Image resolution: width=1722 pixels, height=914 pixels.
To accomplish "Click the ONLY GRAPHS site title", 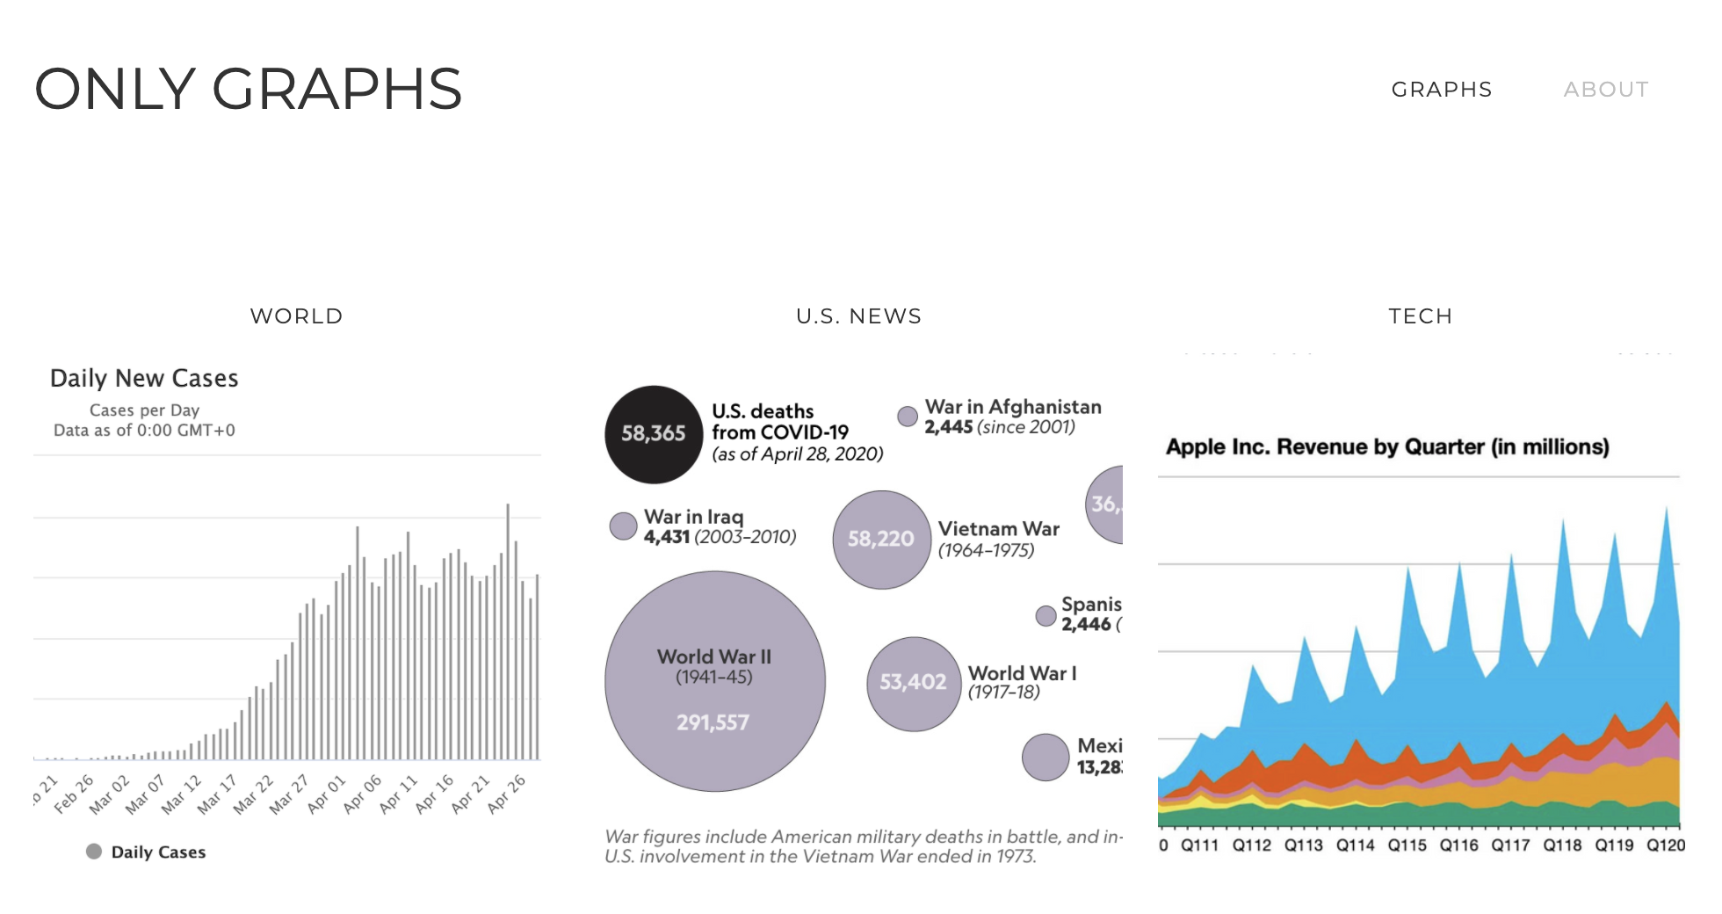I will (249, 89).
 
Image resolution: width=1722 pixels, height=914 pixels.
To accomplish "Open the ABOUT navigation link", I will (1605, 90).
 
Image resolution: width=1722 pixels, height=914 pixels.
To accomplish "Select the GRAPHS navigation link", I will (1442, 90).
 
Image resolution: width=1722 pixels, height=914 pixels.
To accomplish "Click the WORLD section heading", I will (296, 316).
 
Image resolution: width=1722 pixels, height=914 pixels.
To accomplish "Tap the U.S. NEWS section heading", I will (858, 316).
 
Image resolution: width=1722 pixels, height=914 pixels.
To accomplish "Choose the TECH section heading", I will (1420, 316).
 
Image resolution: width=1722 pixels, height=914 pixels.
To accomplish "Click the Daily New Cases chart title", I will (144, 378).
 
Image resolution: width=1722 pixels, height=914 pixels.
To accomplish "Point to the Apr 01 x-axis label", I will (326, 794).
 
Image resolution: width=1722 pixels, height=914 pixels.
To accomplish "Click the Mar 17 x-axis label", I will (216, 794).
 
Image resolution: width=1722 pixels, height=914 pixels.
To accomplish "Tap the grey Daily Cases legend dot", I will (94, 852).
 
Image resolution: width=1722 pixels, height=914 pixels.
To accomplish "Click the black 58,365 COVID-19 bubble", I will (653, 434).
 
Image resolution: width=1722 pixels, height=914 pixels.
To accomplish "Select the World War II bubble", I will (714, 681).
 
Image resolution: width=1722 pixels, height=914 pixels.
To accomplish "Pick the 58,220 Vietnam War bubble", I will (880, 539).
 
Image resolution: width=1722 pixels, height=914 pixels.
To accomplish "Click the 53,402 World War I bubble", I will (913, 683).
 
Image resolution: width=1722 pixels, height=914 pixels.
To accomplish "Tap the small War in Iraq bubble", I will (623, 526).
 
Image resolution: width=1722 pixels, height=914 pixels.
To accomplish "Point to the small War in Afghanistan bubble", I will (908, 417).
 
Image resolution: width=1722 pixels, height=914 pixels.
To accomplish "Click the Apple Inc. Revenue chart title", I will (1387, 446).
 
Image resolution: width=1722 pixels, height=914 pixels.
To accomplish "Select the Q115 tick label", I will (1407, 845).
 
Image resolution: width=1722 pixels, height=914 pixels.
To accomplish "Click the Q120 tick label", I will (1666, 845).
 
